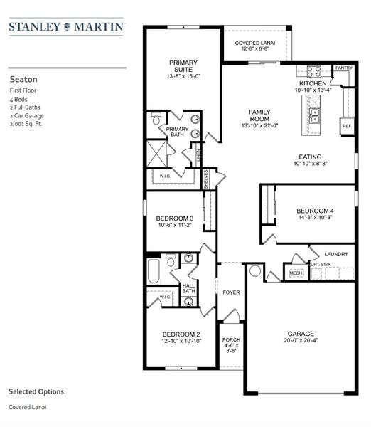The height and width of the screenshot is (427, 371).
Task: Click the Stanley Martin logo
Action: tap(68, 28)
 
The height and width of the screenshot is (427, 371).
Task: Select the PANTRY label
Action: tap(344, 68)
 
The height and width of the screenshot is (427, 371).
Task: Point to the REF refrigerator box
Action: tap(347, 126)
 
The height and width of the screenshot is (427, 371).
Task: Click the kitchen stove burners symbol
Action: tap(313, 71)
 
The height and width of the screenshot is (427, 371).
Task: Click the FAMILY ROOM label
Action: tap(257, 117)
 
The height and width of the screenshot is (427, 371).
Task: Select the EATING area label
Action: tap(310, 157)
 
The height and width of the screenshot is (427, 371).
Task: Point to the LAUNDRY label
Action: tap(335, 254)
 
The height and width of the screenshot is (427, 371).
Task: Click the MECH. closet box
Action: tap(295, 273)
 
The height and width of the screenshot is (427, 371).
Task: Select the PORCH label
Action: tap(232, 340)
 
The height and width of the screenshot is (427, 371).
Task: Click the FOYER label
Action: tap(231, 292)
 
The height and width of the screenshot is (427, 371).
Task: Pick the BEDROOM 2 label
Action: tap(181, 334)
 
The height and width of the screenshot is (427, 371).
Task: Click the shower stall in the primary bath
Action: tap(157, 152)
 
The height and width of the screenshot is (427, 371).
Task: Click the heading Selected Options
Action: tap(37, 391)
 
